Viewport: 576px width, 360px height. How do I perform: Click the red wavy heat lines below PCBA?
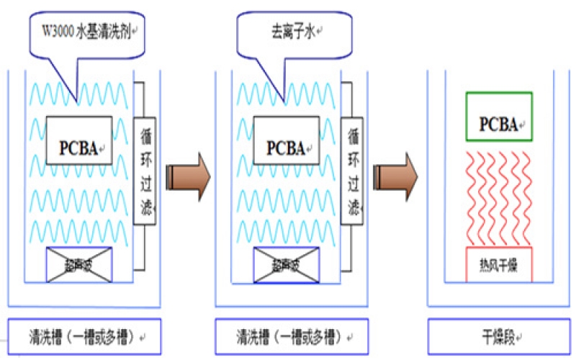[499, 194]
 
